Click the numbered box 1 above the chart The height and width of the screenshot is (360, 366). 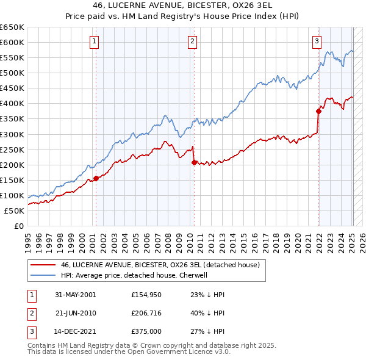click(x=95, y=41)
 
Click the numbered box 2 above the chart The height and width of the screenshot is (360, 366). click(x=192, y=41)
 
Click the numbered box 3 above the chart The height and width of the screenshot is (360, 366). click(x=317, y=41)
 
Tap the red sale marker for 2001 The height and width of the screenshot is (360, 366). click(x=96, y=178)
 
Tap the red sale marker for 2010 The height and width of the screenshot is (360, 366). click(x=193, y=162)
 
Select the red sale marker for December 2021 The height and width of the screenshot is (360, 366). click(x=318, y=111)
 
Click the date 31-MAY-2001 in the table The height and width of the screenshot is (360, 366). click(x=75, y=295)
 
